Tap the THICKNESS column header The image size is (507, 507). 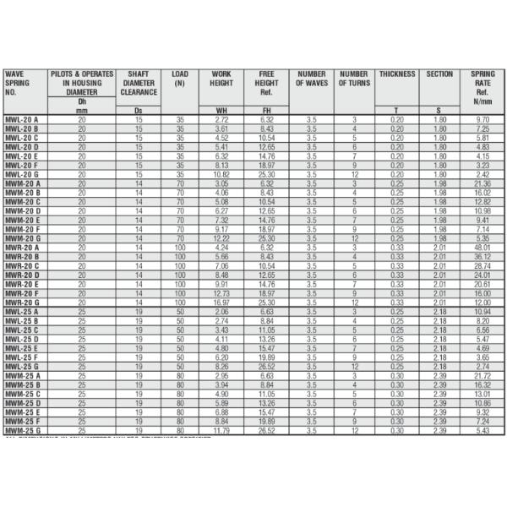pyautogui.click(x=396, y=74)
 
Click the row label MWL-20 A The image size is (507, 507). pyautogui.click(x=22, y=121)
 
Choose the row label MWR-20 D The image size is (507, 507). pyautogui.click(x=23, y=275)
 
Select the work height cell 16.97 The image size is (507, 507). pyautogui.click(x=221, y=302)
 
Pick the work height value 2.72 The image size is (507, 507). pyautogui.click(x=221, y=121)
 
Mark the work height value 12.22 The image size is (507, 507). pyautogui.click(x=221, y=239)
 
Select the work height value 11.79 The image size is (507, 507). pyautogui.click(x=221, y=431)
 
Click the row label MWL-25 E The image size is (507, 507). pyautogui.click(x=22, y=348)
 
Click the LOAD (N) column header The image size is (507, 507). pyautogui.click(x=179, y=79)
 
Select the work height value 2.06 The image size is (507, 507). pyautogui.click(x=221, y=311)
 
